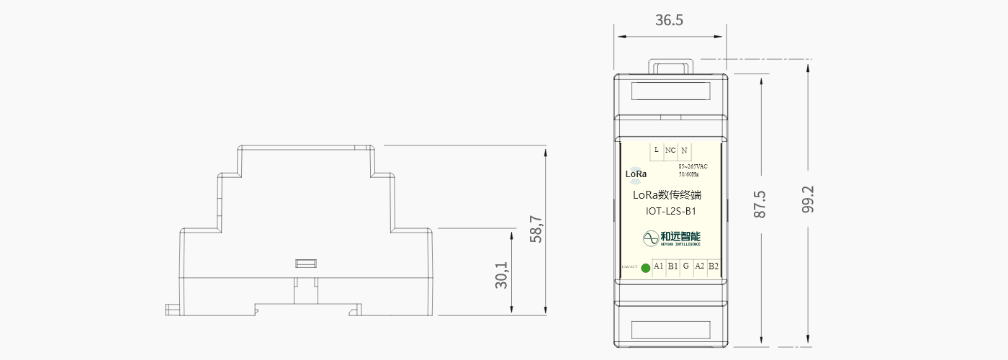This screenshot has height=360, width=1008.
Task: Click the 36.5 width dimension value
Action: [669, 20]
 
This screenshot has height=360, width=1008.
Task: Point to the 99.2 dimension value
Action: [808, 199]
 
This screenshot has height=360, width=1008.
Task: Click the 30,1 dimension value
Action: [502, 274]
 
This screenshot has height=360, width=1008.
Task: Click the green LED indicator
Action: [646, 269]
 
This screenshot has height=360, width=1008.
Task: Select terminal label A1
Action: [658, 266]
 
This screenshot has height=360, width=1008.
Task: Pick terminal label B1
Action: [672, 266]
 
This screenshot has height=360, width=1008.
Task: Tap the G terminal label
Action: [686, 266]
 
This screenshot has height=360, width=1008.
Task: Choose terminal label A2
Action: [700, 266]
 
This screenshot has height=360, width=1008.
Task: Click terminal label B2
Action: [714, 266]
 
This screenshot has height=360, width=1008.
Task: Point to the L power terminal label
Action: [656, 150]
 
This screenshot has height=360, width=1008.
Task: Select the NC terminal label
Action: [670, 150]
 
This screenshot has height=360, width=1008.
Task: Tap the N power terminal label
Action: [684, 150]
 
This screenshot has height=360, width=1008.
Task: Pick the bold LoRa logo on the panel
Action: [636, 174]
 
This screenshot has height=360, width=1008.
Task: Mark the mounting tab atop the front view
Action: [670, 66]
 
